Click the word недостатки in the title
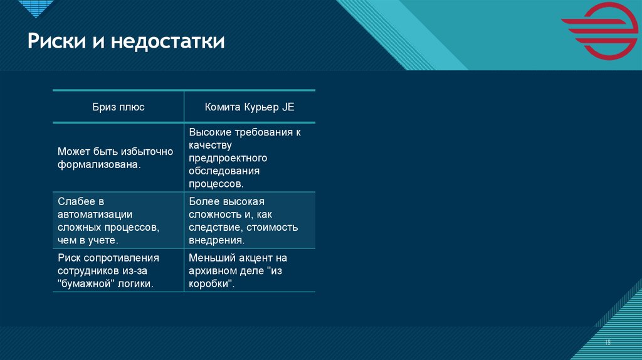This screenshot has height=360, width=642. (x=168, y=42)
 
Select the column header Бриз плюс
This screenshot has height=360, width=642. (x=118, y=107)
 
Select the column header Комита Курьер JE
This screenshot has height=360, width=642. (x=250, y=107)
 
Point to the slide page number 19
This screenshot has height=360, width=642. (x=608, y=342)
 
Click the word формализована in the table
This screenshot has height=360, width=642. (x=98, y=164)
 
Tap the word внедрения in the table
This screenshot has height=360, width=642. (x=216, y=240)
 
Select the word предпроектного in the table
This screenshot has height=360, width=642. (x=228, y=158)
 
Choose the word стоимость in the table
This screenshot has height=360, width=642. (x=272, y=227)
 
